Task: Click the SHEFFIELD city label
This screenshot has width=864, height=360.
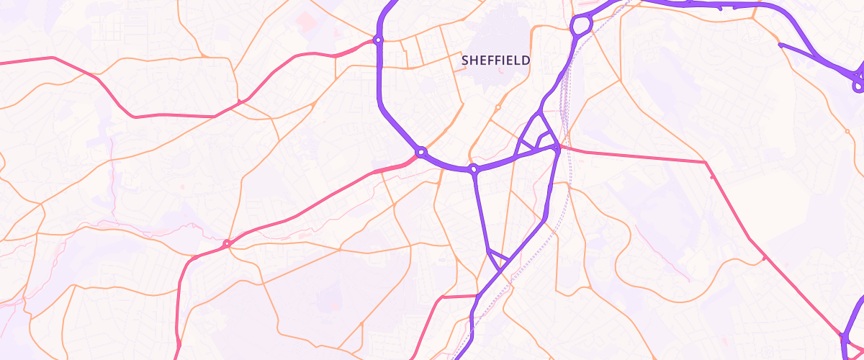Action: pyautogui.click(x=495, y=61)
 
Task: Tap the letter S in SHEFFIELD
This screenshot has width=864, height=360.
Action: pyautogui.click(x=465, y=61)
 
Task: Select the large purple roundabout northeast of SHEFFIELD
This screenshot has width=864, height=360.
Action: pyautogui.click(x=581, y=26)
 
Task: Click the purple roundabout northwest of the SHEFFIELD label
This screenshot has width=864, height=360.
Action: pyautogui.click(x=378, y=40)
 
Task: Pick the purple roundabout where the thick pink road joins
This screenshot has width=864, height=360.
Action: pyautogui.click(x=421, y=152)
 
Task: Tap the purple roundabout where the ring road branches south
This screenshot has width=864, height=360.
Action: pyautogui.click(x=474, y=170)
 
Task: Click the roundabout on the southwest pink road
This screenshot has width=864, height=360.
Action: pyautogui.click(x=227, y=244)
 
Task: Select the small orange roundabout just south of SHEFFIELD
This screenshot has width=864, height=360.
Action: pyautogui.click(x=498, y=107)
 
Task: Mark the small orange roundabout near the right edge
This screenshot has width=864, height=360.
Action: pyautogui.click(x=847, y=132)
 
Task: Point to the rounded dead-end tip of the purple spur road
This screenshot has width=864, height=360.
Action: pyautogui.click(x=781, y=45)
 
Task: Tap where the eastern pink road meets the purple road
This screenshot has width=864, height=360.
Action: pyautogui.click(x=558, y=148)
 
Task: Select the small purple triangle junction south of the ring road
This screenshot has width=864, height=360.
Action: pyautogui.click(x=498, y=258)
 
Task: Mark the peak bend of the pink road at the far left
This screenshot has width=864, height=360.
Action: pyautogui.click(x=52, y=58)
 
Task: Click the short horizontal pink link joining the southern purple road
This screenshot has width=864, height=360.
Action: pyautogui.click(x=459, y=296)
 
